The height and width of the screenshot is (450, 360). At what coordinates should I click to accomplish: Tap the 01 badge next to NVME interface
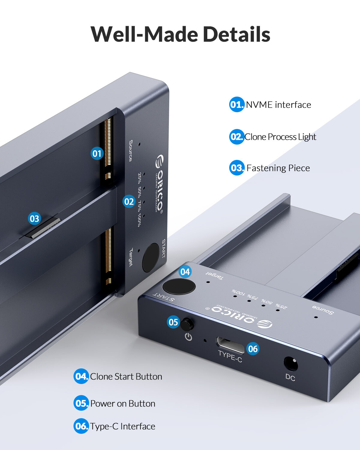237,104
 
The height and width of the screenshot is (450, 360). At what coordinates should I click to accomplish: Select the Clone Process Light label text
280,137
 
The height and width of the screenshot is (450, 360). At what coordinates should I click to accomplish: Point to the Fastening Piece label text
278,168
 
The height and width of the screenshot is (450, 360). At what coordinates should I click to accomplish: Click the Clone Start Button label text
126,376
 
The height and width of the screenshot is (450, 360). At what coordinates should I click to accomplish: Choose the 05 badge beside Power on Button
81,403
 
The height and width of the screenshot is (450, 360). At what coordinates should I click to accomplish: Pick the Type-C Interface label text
123,426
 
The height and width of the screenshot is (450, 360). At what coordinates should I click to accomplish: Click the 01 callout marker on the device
97,154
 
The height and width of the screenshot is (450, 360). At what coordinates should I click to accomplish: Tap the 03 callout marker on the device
34,218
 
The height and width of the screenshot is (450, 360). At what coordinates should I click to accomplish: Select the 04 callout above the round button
185,272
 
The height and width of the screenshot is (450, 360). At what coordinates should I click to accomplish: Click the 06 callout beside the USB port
253,349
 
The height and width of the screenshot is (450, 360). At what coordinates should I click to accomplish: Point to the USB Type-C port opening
230,345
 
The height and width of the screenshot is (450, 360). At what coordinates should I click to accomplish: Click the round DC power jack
291,364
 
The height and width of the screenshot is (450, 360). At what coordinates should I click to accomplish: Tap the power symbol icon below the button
188,337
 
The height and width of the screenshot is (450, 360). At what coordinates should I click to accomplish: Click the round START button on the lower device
179,286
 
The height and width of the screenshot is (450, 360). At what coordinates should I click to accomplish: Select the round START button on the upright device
151,257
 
